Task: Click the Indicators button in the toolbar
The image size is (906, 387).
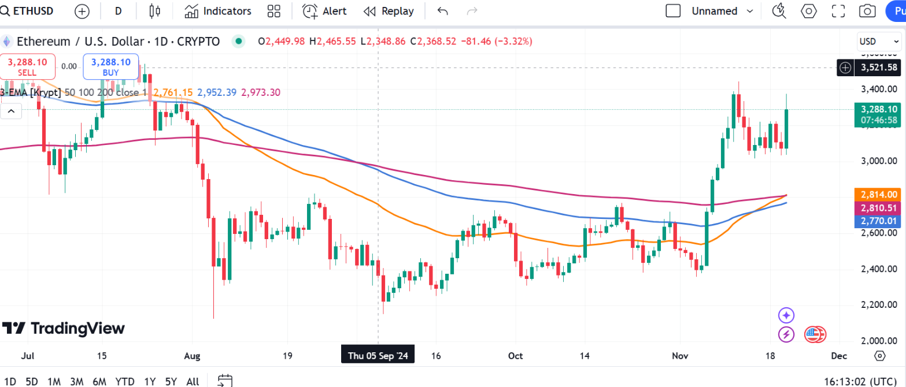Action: [218, 11]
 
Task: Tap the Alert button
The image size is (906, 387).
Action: [324, 11]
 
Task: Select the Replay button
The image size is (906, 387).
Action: [389, 11]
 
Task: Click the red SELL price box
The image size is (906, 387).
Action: [28, 66]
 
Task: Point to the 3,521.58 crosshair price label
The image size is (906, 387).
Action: [878, 68]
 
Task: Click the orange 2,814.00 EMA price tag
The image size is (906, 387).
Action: [878, 195]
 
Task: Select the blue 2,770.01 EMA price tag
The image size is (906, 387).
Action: [878, 221]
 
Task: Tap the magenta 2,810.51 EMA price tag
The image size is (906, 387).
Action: [878, 207]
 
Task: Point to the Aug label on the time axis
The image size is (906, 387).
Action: [192, 356]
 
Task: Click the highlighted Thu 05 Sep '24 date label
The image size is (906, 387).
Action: [378, 356]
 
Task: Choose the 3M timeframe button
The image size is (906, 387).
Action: [76, 381]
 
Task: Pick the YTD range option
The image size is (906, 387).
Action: [125, 381]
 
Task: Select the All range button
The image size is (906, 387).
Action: [193, 381]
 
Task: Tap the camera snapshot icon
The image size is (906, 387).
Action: [867, 11]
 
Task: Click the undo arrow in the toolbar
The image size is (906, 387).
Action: [443, 11]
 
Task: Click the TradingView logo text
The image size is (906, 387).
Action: [64, 329]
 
